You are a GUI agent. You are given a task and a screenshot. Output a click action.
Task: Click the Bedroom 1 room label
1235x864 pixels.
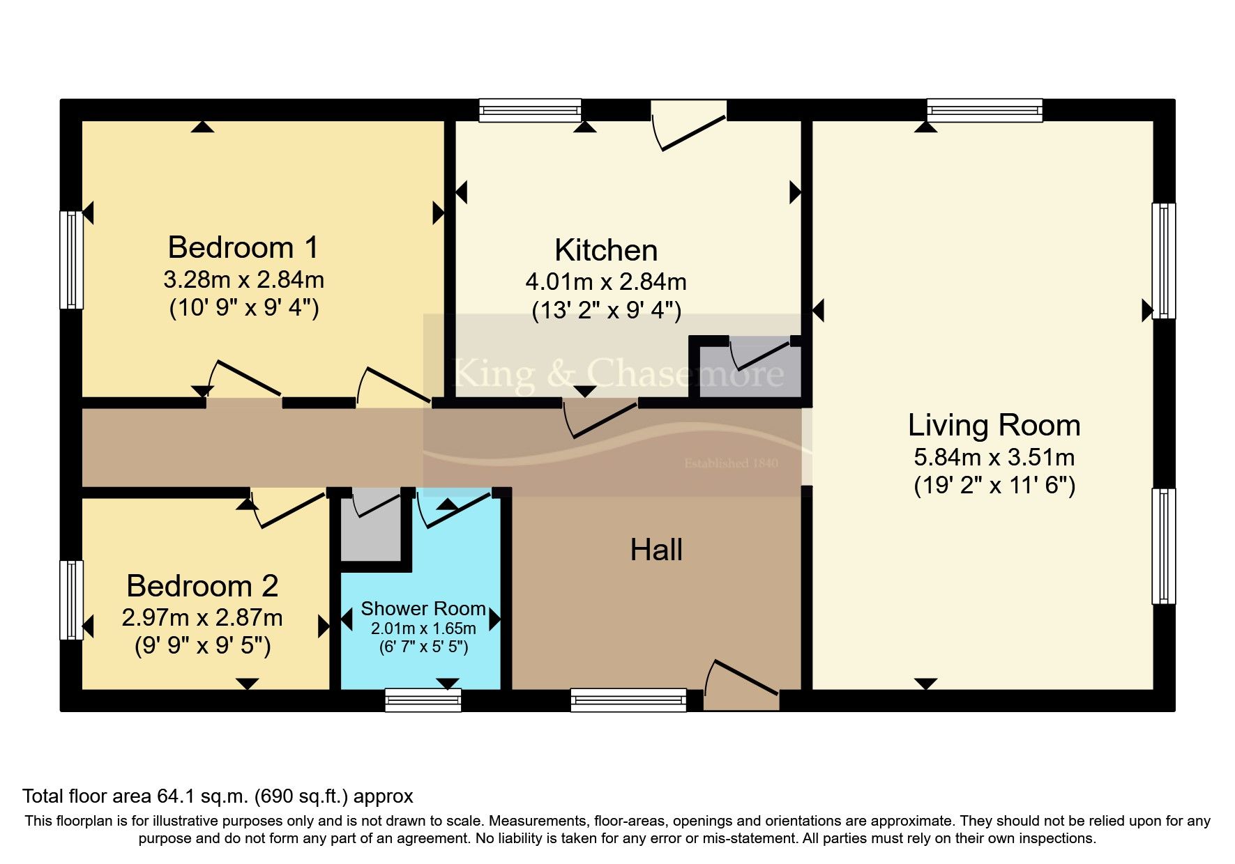pyautogui.click(x=243, y=247)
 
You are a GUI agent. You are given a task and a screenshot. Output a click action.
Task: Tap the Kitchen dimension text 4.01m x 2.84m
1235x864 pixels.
pyautogui.click(x=605, y=281)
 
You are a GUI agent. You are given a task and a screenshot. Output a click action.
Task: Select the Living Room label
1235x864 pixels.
pyautogui.click(x=994, y=425)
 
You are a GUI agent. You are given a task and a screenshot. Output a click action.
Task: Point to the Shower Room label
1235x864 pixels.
pyautogui.click(x=423, y=608)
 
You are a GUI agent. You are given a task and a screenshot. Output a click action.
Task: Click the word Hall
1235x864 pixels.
pyautogui.click(x=656, y=550)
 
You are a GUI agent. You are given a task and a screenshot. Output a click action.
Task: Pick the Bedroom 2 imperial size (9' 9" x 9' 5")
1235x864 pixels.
pyautogui.click(x=202, y=645)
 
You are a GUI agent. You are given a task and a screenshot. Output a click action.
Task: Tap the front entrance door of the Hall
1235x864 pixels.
pyautogui.click(x=741, y=686)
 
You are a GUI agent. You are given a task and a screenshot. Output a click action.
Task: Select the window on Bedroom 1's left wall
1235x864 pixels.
pyautogui.click(x=72, y=259)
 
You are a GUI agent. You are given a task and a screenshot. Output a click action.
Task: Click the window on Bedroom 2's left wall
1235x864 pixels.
pyautogui.click(x=72, y=599)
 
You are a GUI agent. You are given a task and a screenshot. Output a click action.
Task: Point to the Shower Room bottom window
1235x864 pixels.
pyautogui.click(x=423, y=700)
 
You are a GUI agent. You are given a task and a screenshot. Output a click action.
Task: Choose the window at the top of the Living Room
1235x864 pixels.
pyautogui.click(x=984, y=110)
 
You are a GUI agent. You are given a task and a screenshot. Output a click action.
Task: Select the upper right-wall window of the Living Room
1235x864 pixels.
pyautogui.click(x=1163, y=261)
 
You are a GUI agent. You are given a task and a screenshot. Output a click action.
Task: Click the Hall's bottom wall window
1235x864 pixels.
pyautogui.click(x=628, y=700)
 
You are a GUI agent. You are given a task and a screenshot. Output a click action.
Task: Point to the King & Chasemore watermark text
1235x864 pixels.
pyautogui.click(x=618, y=373)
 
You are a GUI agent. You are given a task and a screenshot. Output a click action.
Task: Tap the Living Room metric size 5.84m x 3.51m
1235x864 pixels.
pyautogui.click(x=994, y=457)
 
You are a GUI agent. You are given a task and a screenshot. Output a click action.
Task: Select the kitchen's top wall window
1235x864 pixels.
pyautogui.click(x=530, y=110)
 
